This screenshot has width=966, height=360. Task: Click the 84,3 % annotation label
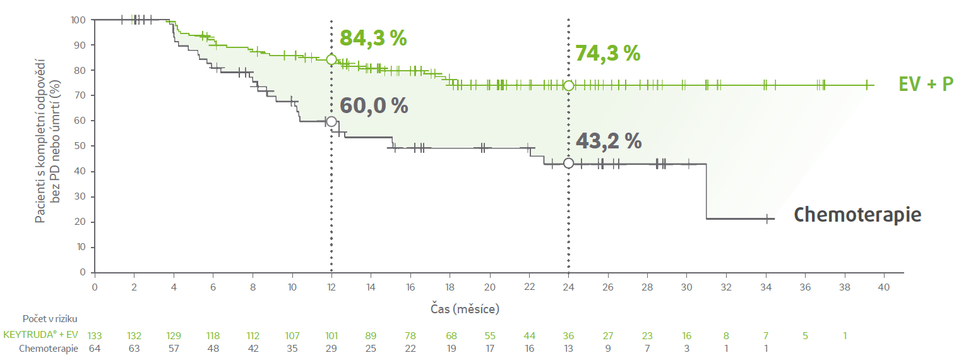click(373, 38)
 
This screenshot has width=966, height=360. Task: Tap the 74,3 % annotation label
click(607, 54)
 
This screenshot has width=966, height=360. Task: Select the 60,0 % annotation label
click(374, 105)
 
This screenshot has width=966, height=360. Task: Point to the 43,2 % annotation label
click(608, 141)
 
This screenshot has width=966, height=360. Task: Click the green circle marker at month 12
click(331, 59)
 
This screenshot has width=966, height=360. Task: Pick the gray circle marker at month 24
click(568, 163)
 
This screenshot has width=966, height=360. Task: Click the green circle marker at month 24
click(568, 85)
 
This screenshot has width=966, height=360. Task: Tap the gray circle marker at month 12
click(331, 121)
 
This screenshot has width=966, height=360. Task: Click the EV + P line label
click(926, 84)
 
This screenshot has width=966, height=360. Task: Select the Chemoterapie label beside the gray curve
click(857, 215)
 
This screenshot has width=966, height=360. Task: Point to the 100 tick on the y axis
click(78, 20)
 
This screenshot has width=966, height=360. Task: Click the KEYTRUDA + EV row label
click(40, 335)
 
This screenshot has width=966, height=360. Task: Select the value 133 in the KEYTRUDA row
click(95, 335)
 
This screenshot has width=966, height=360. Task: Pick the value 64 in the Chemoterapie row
click(95, 349)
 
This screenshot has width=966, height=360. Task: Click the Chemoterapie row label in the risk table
click(49, 349)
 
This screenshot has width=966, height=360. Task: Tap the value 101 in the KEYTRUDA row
click(331, 335)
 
